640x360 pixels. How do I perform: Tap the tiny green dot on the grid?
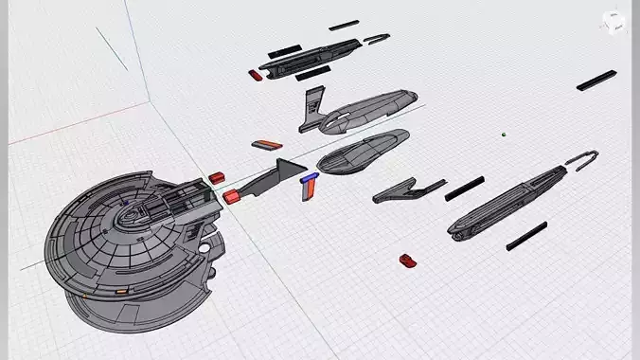[x=505, y=135]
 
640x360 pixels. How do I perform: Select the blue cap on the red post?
[x=308, y=177]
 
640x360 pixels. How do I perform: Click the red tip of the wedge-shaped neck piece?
[x=233, y=196]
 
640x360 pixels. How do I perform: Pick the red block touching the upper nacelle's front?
[x=255, y=74]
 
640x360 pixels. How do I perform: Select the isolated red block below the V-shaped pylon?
[x=408, y=259]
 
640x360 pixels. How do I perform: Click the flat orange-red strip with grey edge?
[x=265, y=145]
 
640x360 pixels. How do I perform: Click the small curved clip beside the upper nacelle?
[x=377, y=39]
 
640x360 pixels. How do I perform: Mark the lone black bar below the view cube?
[x=596, y=81]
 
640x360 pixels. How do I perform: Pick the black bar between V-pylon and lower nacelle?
[x=465, y=189]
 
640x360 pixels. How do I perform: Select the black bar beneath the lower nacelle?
[x=526, y=236]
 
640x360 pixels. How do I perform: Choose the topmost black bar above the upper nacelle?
[x=344, y=25]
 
